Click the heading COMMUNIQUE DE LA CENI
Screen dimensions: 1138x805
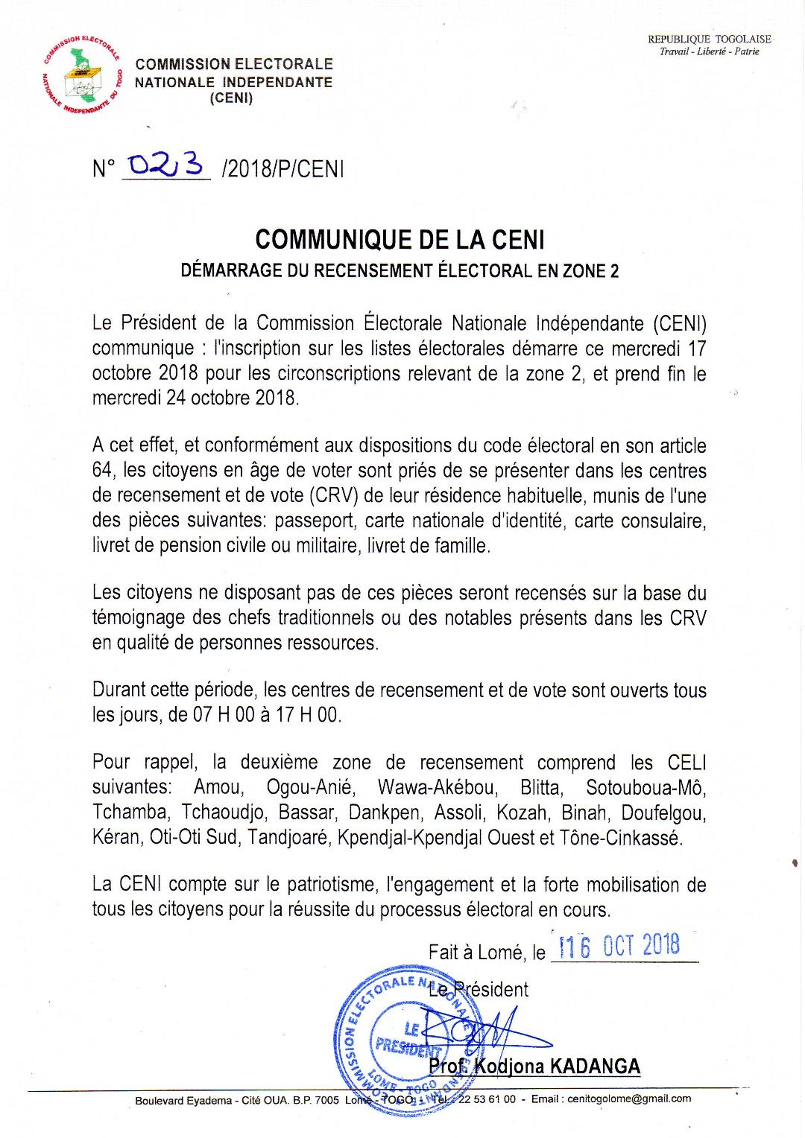coord(400,240)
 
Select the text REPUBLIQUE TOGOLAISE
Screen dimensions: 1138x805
coord(709,39)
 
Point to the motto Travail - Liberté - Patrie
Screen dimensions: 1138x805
coord(709,51)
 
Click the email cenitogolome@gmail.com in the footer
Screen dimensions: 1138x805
coord(628,1099)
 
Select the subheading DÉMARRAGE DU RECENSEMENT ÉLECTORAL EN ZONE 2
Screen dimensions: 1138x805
coord(400,270)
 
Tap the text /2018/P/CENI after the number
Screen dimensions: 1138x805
coord(282,169)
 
